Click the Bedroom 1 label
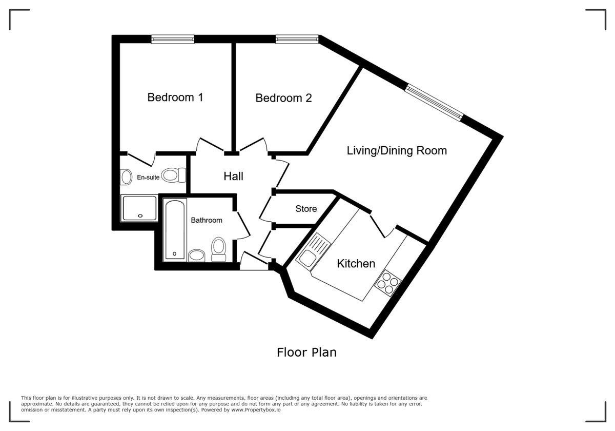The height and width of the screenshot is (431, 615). pos(175,97)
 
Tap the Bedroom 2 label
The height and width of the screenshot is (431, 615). pos(283,97)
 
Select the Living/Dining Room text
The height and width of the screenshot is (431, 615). pos(397,150)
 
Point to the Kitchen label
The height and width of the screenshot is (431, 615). pos(356,264)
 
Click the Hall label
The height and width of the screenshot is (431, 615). pos(233,177)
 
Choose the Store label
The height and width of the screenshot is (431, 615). pos(306,209)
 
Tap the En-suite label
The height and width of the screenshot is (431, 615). pos(147,177)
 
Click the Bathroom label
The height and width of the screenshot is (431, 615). pos(207,220)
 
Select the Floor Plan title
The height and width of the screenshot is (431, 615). pos(306,352)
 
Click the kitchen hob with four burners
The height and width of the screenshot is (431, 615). pos(388,283)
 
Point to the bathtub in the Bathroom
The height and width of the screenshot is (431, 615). pos(175,230)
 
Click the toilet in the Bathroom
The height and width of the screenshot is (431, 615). pos(219,249)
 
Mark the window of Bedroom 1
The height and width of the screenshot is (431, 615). pos(173,39)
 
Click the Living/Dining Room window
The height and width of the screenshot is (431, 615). pos(434,103)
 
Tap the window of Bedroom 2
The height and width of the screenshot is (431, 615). pos(297,39)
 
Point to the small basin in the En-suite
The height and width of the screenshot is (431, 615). pos(126,178)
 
